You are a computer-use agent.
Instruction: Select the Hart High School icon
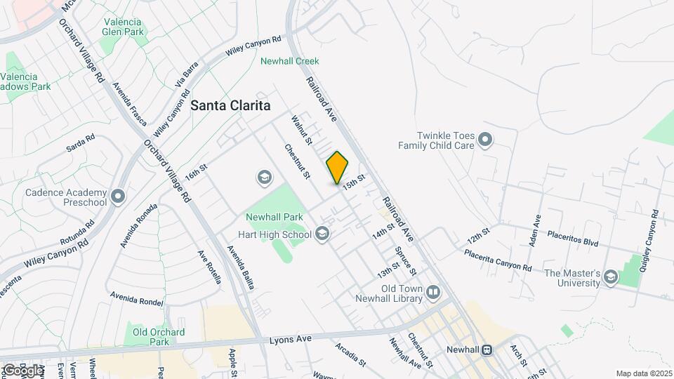pos(322,233)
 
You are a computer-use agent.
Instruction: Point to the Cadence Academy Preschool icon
pos(117,196)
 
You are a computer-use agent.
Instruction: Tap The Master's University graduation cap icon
pos(611,278)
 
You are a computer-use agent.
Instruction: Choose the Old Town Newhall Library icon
pos(433,293)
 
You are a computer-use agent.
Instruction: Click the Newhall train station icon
pos(486,350)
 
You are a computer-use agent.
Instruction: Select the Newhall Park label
pos(275,217)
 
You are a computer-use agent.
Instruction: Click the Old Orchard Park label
pos(159,337)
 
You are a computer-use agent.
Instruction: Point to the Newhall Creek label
pos(289,61)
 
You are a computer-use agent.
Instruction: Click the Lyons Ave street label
pos(290,339)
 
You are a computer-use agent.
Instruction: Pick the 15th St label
pos(355,181)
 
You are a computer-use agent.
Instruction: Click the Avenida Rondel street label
pos(137,298)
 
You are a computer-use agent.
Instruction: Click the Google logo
pos(22,370)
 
